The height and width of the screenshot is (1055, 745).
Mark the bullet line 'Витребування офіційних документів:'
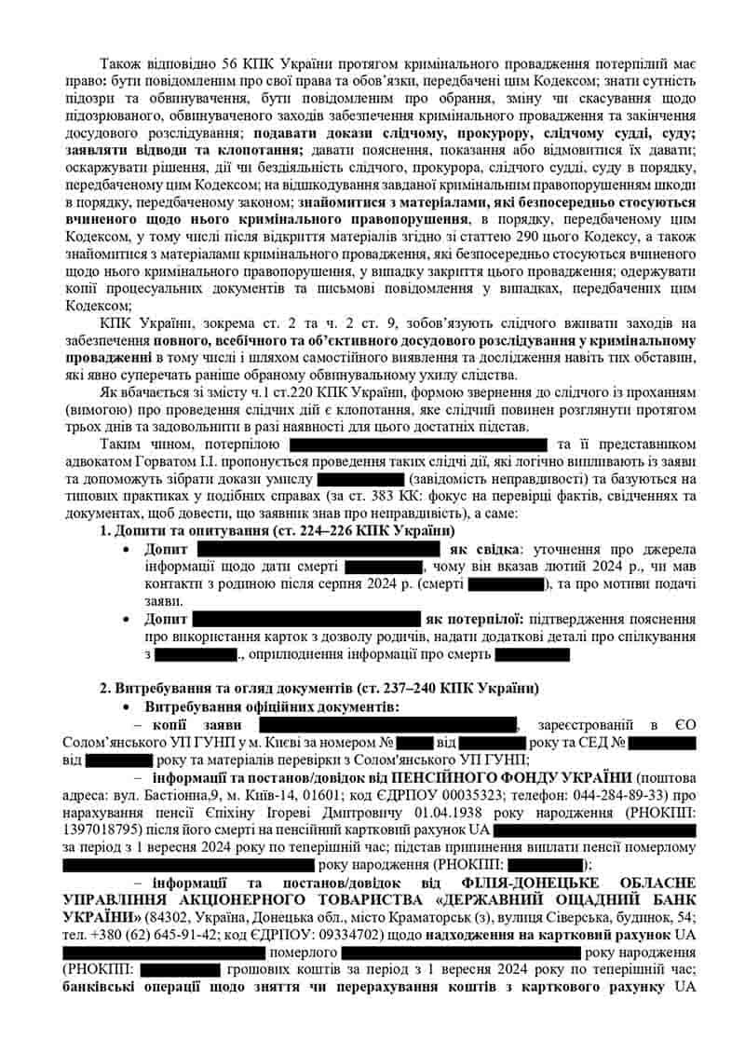coord(272,707)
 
